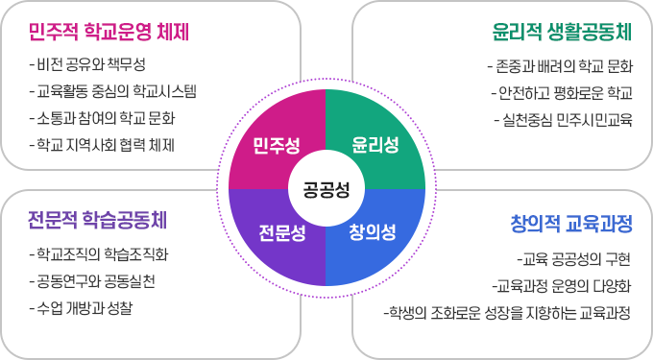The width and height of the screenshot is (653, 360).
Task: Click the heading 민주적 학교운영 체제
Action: point(109,32)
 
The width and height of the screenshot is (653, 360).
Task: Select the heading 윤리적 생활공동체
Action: point(562,33)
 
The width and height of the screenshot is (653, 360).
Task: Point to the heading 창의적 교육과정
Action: point(571,225)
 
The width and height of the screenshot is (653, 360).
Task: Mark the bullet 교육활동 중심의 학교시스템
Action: point(113,92)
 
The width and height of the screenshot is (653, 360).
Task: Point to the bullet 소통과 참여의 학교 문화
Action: point(106,119)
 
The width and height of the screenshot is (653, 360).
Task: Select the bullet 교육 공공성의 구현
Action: point(573,258)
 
